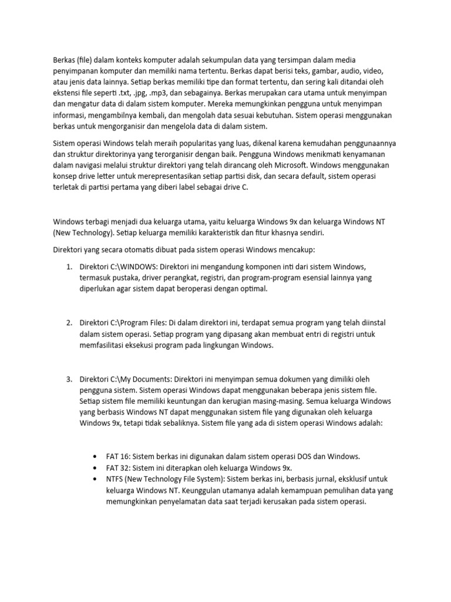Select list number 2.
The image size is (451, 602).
click(69, 323)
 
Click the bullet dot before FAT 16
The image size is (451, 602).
click(95, 456)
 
